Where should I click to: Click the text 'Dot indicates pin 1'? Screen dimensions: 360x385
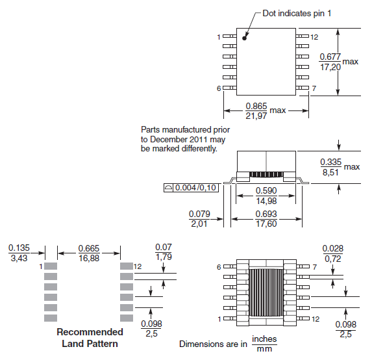(x=297, y=14)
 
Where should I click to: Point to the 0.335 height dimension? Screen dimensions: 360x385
(x=331, y=162)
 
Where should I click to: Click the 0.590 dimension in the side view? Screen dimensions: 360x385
(x=267, y=191)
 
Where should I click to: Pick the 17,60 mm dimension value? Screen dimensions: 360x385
(x=266, y=224)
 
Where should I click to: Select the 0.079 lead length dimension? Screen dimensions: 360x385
(x=199, y=214)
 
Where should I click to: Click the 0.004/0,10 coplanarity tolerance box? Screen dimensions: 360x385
(x=192, y=188)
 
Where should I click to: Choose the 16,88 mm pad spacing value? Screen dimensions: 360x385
(x=88, y=257)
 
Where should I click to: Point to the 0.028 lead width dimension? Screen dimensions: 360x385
(x=333, y=248)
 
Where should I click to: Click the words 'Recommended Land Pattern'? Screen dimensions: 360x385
(x=90, y=337)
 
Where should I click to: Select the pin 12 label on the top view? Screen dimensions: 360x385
(x=314, y=36)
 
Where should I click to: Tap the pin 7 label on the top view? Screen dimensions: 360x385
(x=314, y=88)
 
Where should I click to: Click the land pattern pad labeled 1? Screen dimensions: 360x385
(x=51, y=266)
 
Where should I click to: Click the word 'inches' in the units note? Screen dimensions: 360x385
(x=264, y=339)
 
